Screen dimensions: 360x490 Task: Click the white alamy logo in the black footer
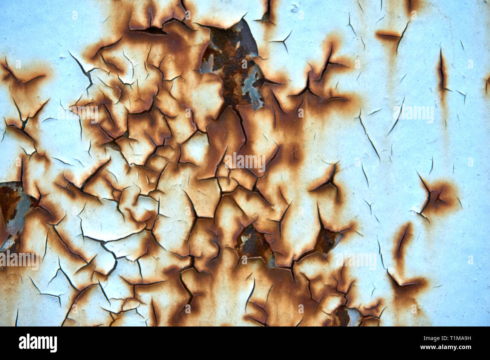(38, 343)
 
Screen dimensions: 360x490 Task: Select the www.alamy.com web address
(448, 347)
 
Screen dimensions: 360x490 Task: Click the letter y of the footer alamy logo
(54, 344)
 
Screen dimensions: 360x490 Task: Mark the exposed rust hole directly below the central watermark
(251, 241)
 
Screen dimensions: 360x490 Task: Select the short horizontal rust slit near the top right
(388, 36)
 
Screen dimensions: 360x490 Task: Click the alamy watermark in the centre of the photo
(245, 162)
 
